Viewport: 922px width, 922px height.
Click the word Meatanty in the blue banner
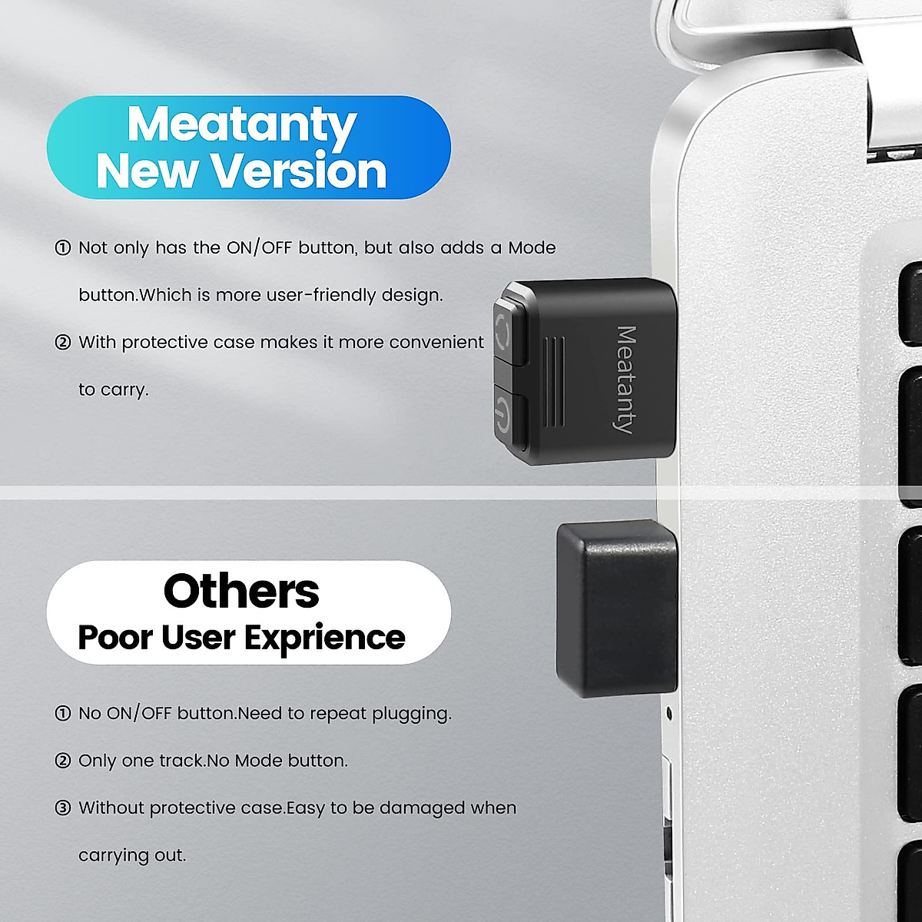point(241,124)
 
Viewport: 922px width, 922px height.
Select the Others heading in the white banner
point(241,591)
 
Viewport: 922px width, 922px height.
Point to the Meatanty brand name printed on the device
point(626,380)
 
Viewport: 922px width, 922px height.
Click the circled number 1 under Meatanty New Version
point(63,248)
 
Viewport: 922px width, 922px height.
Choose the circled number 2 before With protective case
point(63,342)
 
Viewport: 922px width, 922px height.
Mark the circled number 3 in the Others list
point(63,808)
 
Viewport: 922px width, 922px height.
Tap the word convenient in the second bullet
point(436,342)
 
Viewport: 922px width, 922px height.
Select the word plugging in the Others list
point(411,714)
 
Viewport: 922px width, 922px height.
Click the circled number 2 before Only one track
point(63,761)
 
